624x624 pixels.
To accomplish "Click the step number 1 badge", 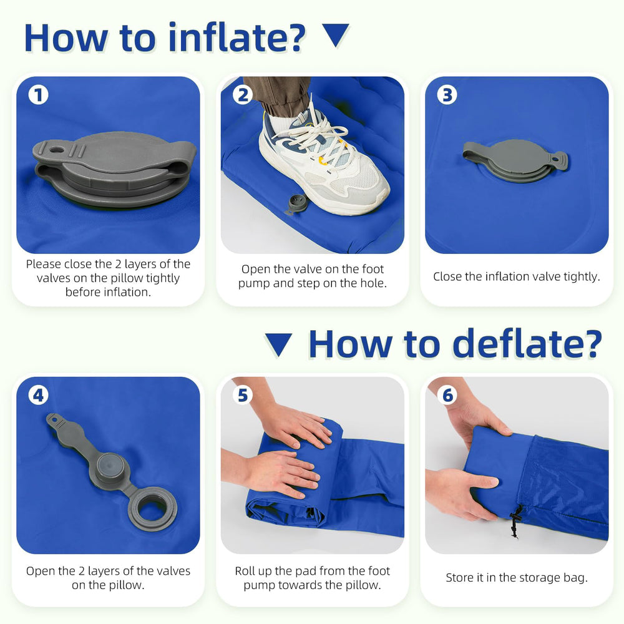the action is (x=38, y=95).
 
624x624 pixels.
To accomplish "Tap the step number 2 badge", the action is (x=243, y=95).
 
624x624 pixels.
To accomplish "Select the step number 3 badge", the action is (x=447, y=95).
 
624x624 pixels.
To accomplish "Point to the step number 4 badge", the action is (x=38, y=396).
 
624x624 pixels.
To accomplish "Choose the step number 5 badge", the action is (x=243, y=396).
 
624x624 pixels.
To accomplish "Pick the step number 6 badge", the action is (x=447, y=396).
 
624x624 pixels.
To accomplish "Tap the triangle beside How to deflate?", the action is (x=278, y=343).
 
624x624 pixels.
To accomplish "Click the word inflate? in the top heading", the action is (x=236, y=38).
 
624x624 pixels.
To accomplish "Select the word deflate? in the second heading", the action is (x=527, y=344).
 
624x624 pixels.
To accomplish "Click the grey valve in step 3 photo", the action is (x=515, y=160).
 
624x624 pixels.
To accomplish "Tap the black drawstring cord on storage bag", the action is (x=515, y=521).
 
